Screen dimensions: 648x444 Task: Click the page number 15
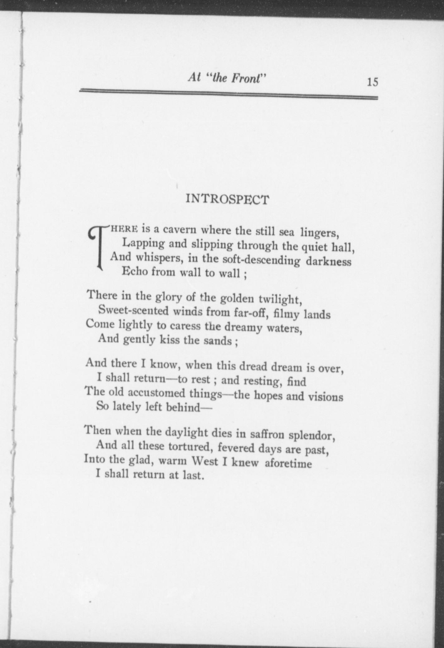(372, 82)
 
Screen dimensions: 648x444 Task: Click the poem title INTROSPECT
(227, 199)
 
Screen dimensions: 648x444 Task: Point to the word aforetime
(288, 464)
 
